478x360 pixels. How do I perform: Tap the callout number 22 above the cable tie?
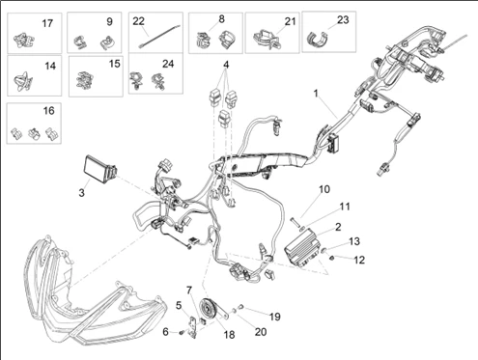click(139, 20)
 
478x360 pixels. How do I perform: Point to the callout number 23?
click(342, 19)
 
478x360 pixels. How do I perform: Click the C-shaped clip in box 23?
click(320, 40)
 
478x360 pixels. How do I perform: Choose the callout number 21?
click(291, 20)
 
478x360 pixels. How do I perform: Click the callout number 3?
click(82, 193)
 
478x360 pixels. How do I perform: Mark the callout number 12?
click(359, 260)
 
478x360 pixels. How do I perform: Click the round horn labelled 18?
click(207, 312)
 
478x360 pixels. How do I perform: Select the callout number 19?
click(275, 316)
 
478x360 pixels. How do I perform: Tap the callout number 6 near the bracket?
click(165, 332)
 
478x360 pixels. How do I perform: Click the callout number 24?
click(168, 64)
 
